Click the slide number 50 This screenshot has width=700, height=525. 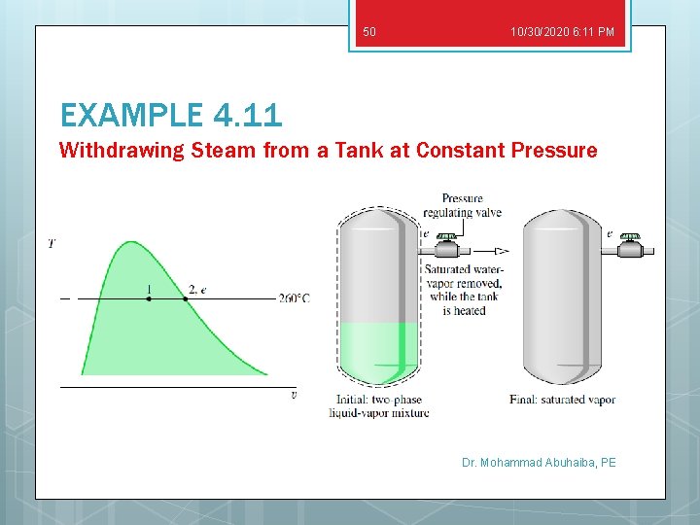(368, 32)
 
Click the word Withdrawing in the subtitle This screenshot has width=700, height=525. (107, 150)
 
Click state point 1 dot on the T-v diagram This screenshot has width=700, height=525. (148, 298)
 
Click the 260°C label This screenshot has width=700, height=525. (294, 298)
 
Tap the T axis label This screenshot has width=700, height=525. (52, 244)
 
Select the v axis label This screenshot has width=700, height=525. (294, 395)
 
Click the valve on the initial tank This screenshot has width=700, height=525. (446, 247)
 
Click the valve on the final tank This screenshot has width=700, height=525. (630, 247)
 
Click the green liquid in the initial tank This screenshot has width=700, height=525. (379, 350)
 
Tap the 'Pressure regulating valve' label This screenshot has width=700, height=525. (462, 206)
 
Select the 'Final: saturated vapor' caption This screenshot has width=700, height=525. (562, 400)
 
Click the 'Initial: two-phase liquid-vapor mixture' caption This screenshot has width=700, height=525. (378, 406)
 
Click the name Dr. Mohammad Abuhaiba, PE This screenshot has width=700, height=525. (539, 463)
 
